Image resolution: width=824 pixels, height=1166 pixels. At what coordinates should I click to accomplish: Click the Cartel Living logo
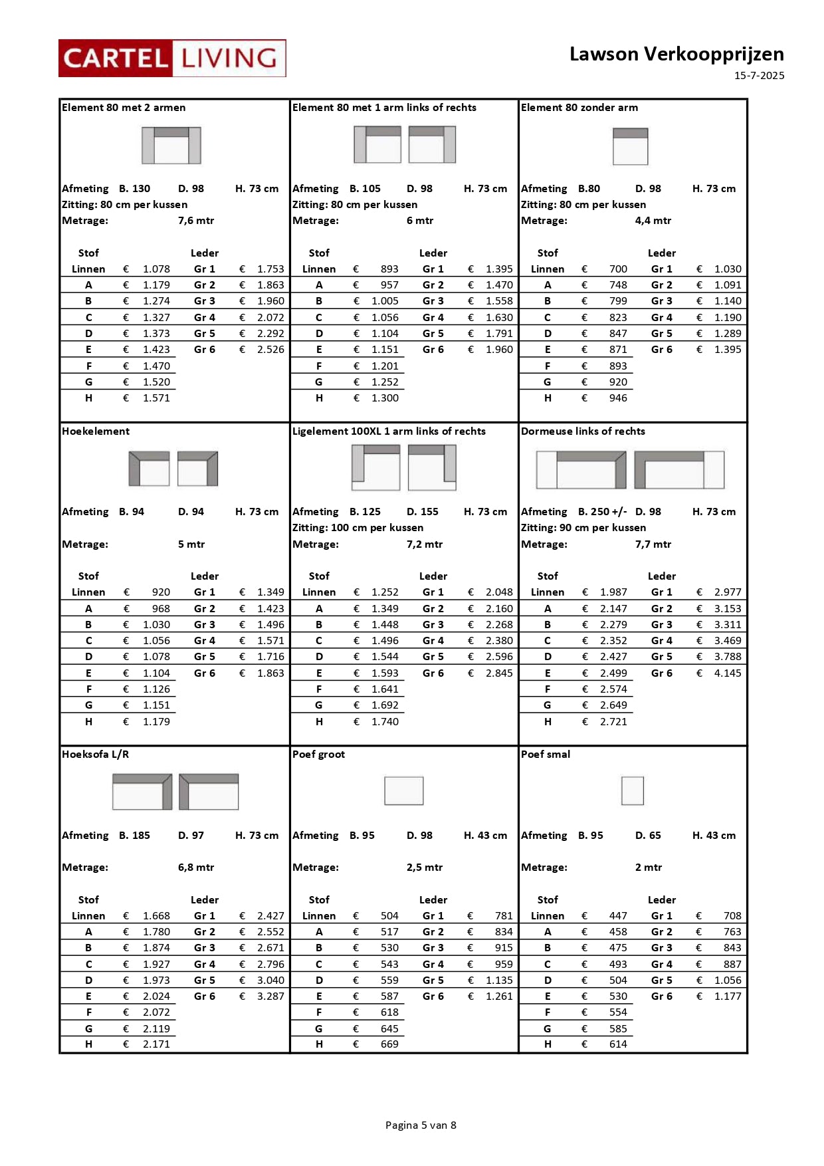[172, 58]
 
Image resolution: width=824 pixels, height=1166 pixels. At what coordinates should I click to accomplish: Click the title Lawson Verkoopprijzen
[676, 54]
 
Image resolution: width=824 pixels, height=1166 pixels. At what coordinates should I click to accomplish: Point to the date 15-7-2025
[759, 76]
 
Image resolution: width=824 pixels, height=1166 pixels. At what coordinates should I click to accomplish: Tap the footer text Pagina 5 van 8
[421, 1125]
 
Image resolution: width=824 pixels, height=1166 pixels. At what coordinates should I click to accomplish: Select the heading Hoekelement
[96, 431]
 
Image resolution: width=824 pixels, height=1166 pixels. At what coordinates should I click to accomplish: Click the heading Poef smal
[546, 754]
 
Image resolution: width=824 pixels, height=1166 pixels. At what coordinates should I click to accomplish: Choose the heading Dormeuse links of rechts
[583, 431]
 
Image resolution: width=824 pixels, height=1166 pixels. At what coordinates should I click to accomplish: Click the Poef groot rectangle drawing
[404, 790]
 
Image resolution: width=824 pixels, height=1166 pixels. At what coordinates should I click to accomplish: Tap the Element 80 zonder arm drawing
[630, 146]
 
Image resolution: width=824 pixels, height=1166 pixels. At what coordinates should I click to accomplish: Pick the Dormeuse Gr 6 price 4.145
[728, 673]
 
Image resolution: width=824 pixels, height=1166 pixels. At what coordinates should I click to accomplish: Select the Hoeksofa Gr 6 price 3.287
[270, 996]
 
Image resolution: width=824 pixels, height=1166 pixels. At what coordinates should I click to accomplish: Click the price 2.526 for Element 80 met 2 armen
[270, 349]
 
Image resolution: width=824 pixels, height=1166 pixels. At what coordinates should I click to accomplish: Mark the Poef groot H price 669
[389, 1044]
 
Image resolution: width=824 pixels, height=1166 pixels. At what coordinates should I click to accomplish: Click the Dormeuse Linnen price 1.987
[613, 592]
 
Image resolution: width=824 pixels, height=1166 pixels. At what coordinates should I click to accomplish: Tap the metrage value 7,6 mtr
[196, 220]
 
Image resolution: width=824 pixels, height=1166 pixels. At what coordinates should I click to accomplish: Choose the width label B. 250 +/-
[602, 511]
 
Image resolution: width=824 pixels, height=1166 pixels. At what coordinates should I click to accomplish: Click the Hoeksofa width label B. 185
[134, 835]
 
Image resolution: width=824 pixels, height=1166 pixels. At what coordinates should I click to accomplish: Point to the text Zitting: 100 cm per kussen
[358, 527]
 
